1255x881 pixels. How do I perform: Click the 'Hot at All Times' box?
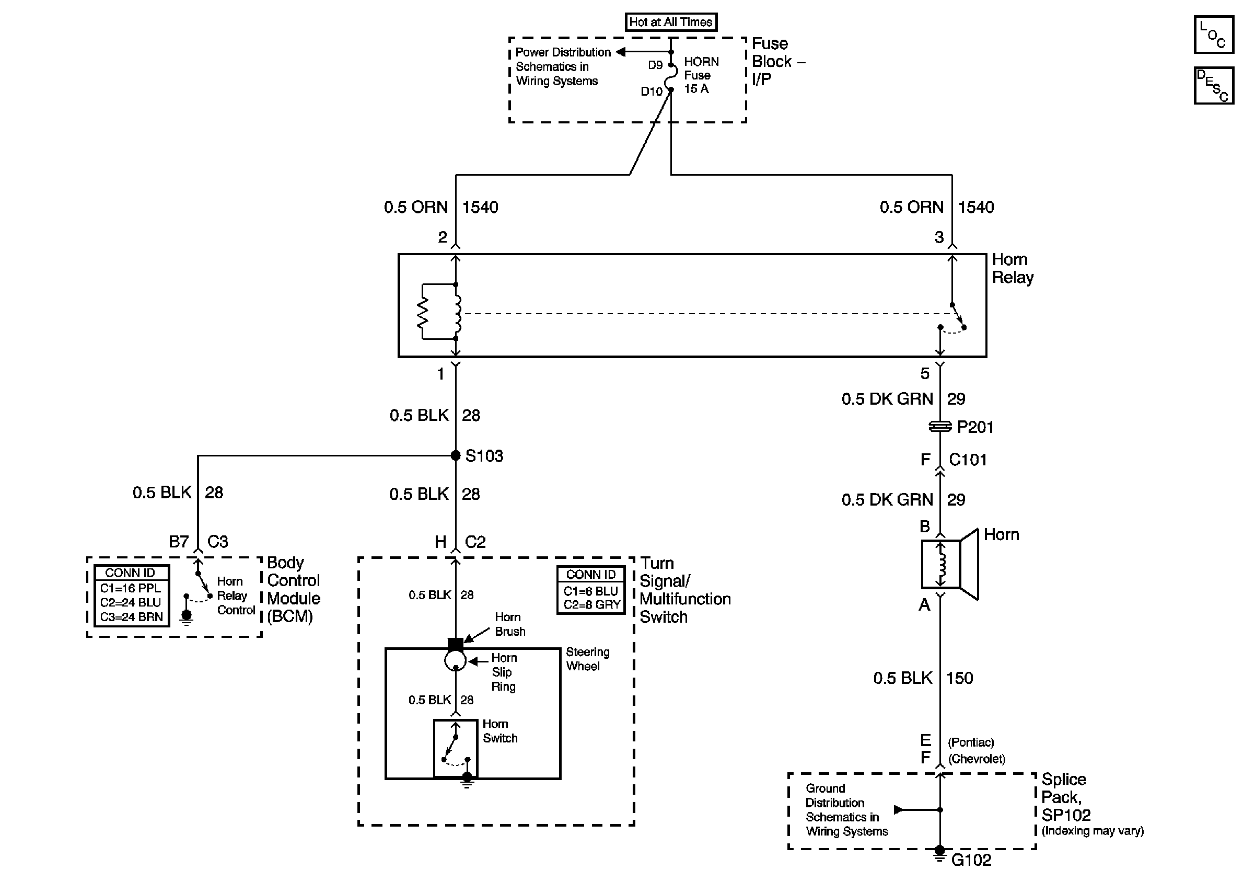click(x=671, y=22)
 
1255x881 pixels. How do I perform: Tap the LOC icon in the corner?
click(x=1213, y=35)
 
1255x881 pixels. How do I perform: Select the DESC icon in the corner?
click(x=1213, y=85)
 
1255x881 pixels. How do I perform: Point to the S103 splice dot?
click(x=455, y=455)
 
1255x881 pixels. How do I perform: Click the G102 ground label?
click(x=971, y=860)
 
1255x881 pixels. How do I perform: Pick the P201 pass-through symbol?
click(x=940, y=427)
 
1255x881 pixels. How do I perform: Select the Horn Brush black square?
click(x=455, y=645)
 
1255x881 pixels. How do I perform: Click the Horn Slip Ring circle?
click(x=455, y=660)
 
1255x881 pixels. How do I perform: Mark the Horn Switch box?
click(x=455, y=748)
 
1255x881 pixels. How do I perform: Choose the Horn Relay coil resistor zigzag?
click(x=423, y=313)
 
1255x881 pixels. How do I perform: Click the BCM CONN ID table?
click(x=131, y=596)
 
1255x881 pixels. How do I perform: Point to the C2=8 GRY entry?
click(x=591, y=605)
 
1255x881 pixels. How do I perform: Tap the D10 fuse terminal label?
click(x=651, y=91)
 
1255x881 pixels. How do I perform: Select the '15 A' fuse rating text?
click(x=696, y=88)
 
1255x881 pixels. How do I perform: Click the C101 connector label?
click(x=968, y=460)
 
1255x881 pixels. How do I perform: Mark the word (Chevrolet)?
click(x=976, y=759)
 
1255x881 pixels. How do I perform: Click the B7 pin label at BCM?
click(x=178, y=541)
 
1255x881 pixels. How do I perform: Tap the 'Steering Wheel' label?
click(x=588, y=659)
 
